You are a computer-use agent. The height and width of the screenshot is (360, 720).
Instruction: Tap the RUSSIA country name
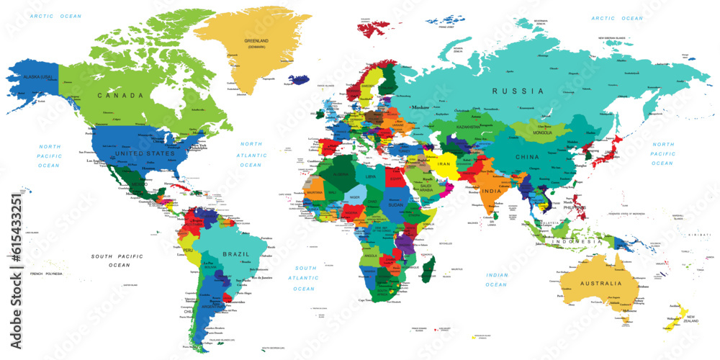coord(518,91)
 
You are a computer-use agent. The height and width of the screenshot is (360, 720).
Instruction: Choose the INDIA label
coord(491,191)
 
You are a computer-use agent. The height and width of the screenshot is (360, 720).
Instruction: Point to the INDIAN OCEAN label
coord(496,279)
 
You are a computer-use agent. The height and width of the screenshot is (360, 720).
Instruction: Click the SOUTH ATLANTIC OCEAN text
coord(304,278)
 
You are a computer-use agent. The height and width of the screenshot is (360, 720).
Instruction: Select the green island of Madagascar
coord(427,271)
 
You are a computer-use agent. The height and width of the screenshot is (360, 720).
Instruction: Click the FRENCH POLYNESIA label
coord(46,274)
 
